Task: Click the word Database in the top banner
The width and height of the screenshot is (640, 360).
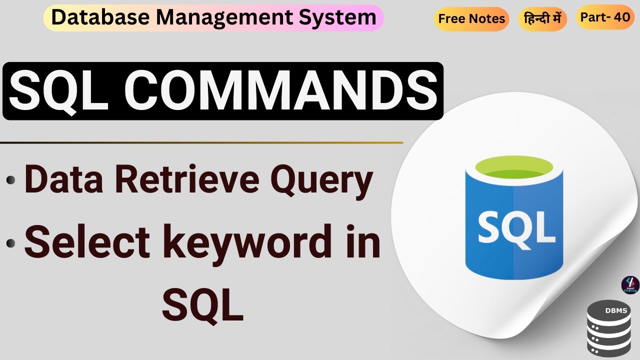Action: tap(99, 17)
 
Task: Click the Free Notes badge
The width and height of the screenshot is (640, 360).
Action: tap(471, 19)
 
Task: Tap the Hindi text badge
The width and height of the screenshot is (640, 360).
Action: tap(542, 19)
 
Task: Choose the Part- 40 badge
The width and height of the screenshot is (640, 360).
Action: tap(605, 17)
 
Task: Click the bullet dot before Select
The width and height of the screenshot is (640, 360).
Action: tap(10, 244)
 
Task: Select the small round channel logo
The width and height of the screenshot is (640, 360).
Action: tap(630, 285)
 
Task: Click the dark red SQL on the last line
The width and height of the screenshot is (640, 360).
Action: tap(202, 305)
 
